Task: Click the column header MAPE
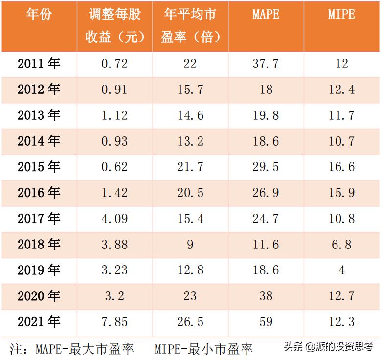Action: (266, 15)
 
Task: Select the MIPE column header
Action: (341, 15)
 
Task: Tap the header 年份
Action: (39, 15)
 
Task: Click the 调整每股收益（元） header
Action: (114, 25)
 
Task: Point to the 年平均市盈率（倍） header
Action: (190, 25)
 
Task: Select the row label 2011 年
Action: (39, 63)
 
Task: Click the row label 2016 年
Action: (39, 192)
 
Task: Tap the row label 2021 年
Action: (39, 321)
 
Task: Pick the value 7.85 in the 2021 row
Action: (114, 322)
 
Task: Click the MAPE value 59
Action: (266, 322)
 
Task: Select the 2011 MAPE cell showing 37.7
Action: (266, 64)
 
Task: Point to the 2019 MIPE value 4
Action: (341, 270)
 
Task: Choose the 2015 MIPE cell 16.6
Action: (341, 167)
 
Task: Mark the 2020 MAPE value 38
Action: (266, 296)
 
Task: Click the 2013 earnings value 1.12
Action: (114, 115)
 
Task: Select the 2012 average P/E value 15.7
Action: (190, 90)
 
